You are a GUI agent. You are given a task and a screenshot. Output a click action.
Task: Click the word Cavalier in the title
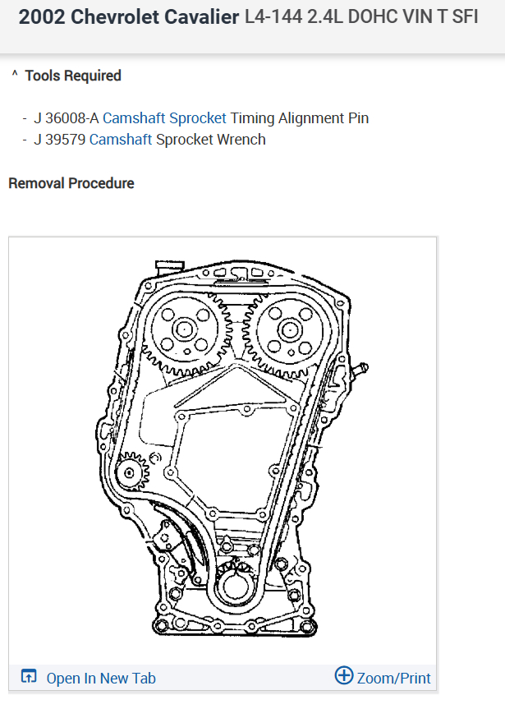(201, 17)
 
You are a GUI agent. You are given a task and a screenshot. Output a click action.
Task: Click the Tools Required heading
(73, 76)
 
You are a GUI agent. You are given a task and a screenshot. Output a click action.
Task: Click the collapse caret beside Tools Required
(15, 74)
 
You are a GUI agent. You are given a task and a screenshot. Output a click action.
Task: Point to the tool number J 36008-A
(67, 118)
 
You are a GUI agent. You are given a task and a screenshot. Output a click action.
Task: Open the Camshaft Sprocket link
(164, 118)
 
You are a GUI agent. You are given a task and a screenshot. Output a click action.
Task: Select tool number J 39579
(59, 140)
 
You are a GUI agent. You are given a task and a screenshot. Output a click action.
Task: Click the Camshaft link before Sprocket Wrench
(121, 140)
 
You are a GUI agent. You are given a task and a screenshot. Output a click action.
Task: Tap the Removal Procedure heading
(71, 183)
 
